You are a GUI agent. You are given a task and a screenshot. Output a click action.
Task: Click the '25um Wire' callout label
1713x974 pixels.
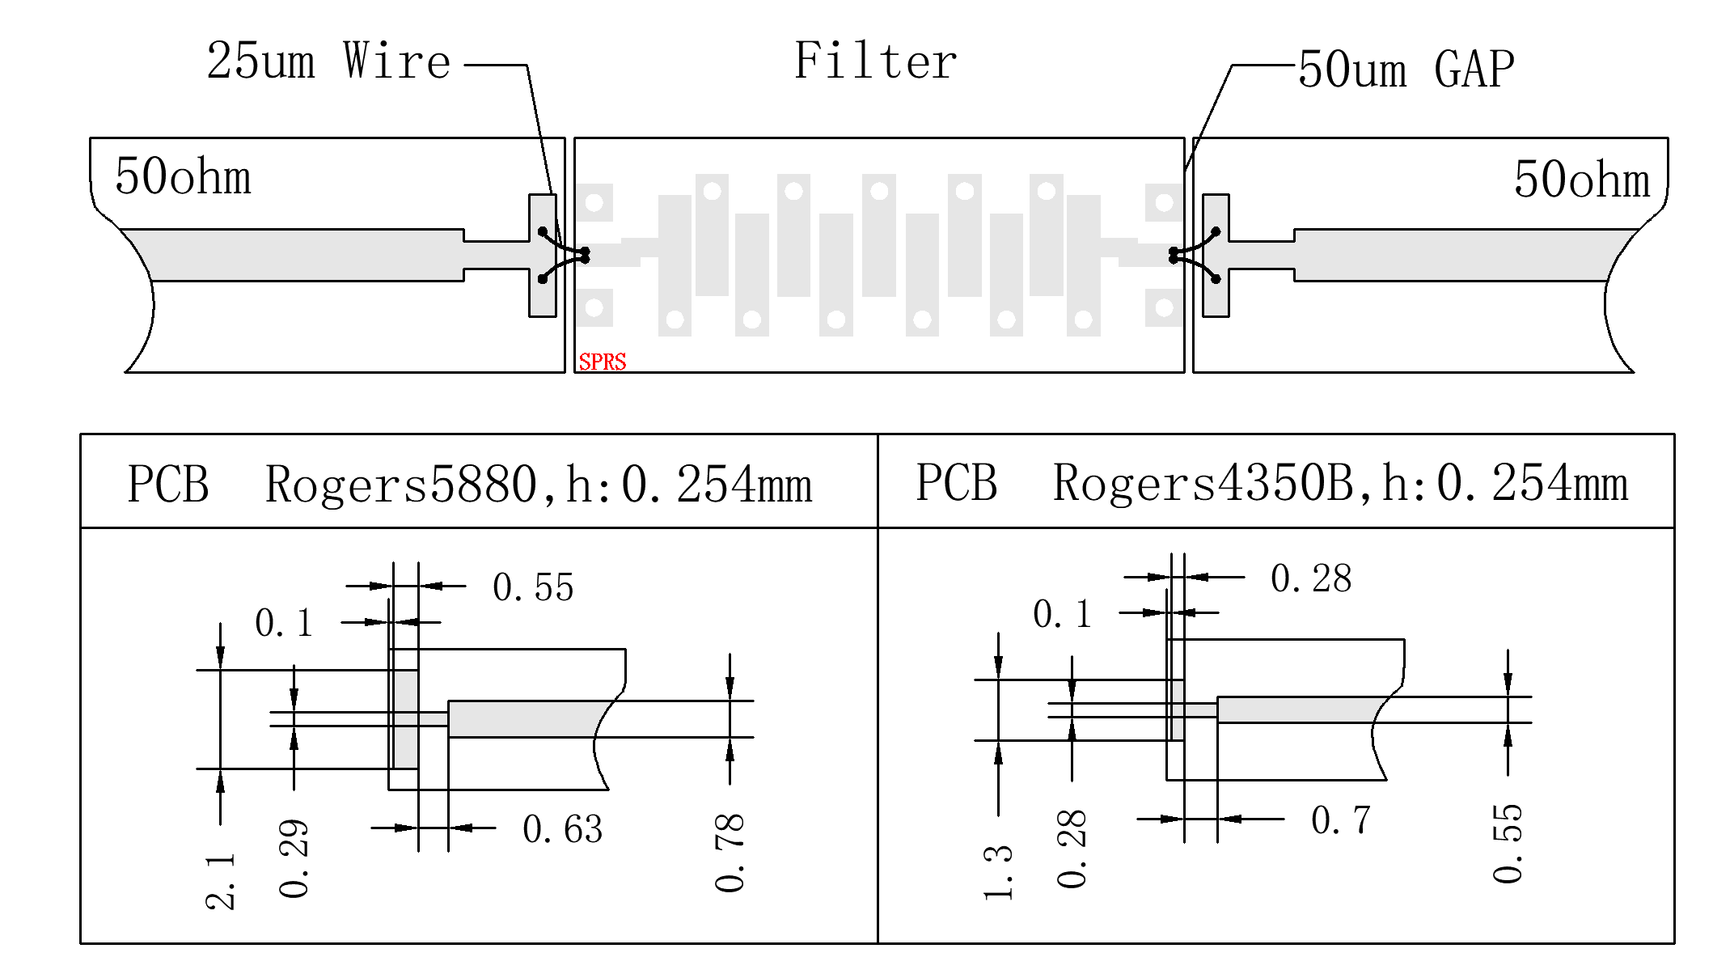click(328, 61)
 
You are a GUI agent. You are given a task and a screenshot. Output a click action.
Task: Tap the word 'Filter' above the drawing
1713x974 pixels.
click(875, 61)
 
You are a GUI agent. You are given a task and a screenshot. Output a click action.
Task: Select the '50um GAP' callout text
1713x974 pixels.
click(1406, 70)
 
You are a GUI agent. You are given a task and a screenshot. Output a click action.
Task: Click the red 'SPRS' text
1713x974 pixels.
click(603, 362)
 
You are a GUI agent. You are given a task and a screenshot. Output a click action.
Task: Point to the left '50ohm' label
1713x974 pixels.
click(183, 177)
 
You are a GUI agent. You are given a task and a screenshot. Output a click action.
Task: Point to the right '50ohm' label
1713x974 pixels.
click(1581, 180)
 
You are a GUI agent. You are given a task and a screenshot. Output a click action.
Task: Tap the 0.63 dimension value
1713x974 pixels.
click(563, 829)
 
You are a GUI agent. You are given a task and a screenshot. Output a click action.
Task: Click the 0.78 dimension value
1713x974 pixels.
click(730, 853)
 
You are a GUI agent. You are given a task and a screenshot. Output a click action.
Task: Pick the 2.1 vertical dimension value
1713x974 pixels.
click(220, 881)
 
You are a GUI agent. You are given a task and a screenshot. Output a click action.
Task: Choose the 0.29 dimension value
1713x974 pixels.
click(294, 858)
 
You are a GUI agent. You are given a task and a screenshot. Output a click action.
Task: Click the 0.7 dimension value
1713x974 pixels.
click(1340, 820)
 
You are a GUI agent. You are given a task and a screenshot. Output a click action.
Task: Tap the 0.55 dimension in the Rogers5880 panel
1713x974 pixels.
click(533, 587)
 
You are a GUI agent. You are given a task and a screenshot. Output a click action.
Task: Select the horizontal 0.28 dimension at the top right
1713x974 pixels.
click(1311, 578)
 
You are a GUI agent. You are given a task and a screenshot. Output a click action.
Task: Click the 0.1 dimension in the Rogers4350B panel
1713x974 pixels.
click(1062, 614)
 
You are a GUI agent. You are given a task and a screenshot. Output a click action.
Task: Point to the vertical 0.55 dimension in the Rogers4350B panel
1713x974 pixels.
click(1508, 843)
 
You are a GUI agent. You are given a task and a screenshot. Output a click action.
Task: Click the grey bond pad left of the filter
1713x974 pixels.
click(543, 256)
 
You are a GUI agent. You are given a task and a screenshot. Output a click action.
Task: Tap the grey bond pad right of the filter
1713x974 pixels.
click(1216, 256)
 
